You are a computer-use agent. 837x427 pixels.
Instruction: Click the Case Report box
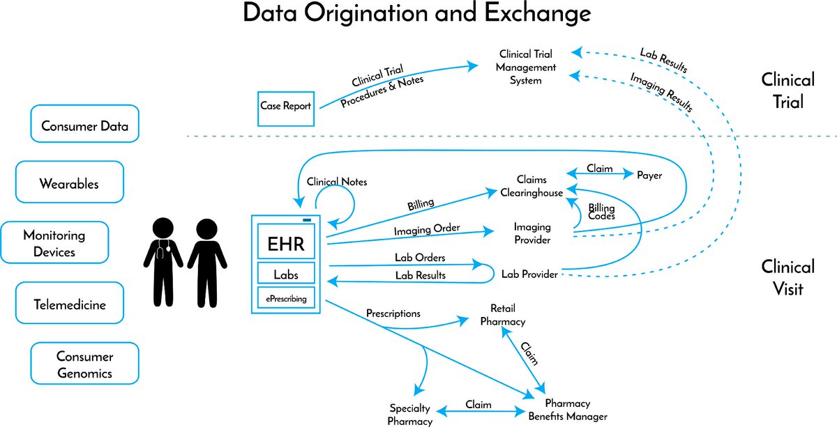pos(285,107)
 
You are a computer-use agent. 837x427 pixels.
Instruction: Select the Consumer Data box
pos(84,126)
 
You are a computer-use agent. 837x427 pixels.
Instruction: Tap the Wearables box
pos(69,183)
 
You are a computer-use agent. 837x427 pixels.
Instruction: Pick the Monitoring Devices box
pos(54,242)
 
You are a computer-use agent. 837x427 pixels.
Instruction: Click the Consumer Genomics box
pos(85,364)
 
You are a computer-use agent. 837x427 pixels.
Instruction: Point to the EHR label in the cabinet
pos(286,245)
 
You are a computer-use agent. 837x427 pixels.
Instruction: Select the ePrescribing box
pos(286,299)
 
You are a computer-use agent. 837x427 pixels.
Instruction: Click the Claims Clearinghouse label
pos(531,186)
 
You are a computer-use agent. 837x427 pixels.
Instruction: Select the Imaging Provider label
pos(532,233)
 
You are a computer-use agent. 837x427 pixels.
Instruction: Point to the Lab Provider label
pos(529,274)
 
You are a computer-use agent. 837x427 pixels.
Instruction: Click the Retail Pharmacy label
pos(503,315)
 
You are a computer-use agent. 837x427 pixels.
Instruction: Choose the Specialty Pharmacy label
pos(410,414)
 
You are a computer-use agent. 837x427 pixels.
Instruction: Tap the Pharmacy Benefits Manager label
pos(567,410)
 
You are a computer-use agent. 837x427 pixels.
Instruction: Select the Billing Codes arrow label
pos(601,212)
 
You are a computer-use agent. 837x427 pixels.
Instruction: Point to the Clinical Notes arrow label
pos(337,182)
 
